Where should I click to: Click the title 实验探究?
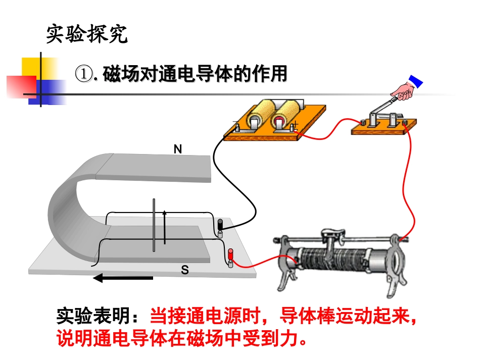coord(86,34)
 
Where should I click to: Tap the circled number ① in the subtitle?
coord(83,74)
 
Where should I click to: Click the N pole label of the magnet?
coord(177,149)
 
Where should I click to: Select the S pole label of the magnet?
coord(185,271)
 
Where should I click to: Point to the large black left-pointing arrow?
coord(123,278)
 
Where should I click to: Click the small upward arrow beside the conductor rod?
coord(164,227)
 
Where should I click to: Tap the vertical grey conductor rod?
coord(154,225)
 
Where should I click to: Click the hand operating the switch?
coord(404,91)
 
